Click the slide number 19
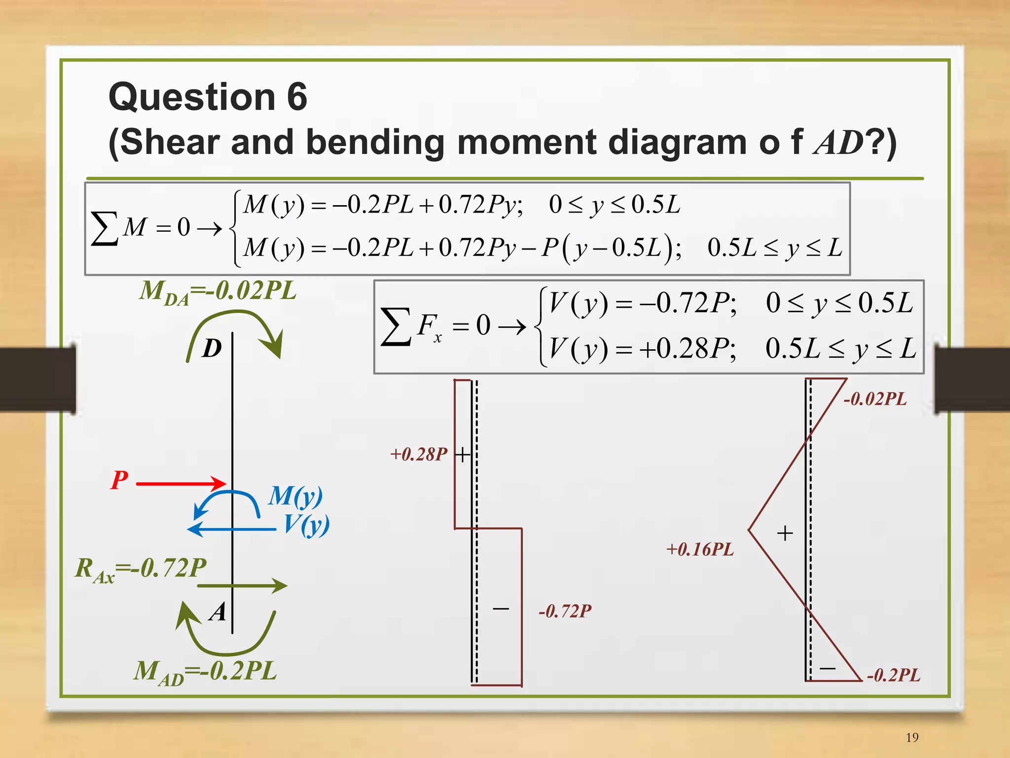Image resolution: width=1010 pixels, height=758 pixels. [912, 737]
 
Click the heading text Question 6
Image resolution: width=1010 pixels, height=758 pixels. [208, 97]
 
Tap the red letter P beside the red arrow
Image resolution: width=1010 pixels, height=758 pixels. [119, 480]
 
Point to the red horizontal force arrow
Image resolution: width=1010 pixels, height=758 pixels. [180, 483]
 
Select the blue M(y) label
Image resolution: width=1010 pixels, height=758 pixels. [295, 496]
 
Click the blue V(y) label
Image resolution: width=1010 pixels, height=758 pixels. [306, 525]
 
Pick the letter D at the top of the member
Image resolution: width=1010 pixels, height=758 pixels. [212, 349]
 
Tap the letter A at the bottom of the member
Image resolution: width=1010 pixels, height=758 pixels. [217, 612]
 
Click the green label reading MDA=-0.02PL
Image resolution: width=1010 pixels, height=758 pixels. [217, 291]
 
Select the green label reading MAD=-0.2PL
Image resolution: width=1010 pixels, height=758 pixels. [205, 672]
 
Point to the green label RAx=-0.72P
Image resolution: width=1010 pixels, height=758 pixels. [141, 569]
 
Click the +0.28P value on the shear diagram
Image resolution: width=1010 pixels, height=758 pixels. [419, 454]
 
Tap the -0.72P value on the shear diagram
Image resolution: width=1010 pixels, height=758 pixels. [565, 612]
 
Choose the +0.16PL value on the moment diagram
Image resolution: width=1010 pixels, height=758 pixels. [700, 549]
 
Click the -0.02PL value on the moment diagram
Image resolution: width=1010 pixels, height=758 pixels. [875, 399]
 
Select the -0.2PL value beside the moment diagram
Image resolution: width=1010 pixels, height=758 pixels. [893, 675]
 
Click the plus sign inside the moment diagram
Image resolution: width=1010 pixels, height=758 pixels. [785, 533]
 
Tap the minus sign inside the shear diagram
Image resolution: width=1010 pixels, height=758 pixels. [501, 609]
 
